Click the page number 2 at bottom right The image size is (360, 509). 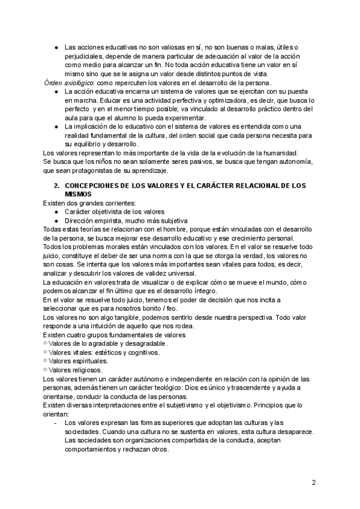tap(314, 482)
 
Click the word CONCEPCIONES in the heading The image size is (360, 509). tap(90, 186)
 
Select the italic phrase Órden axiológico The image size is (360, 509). tap(69, 82)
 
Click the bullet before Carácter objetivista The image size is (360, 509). tap(56, 212)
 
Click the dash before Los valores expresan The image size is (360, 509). tap(56, 423)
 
